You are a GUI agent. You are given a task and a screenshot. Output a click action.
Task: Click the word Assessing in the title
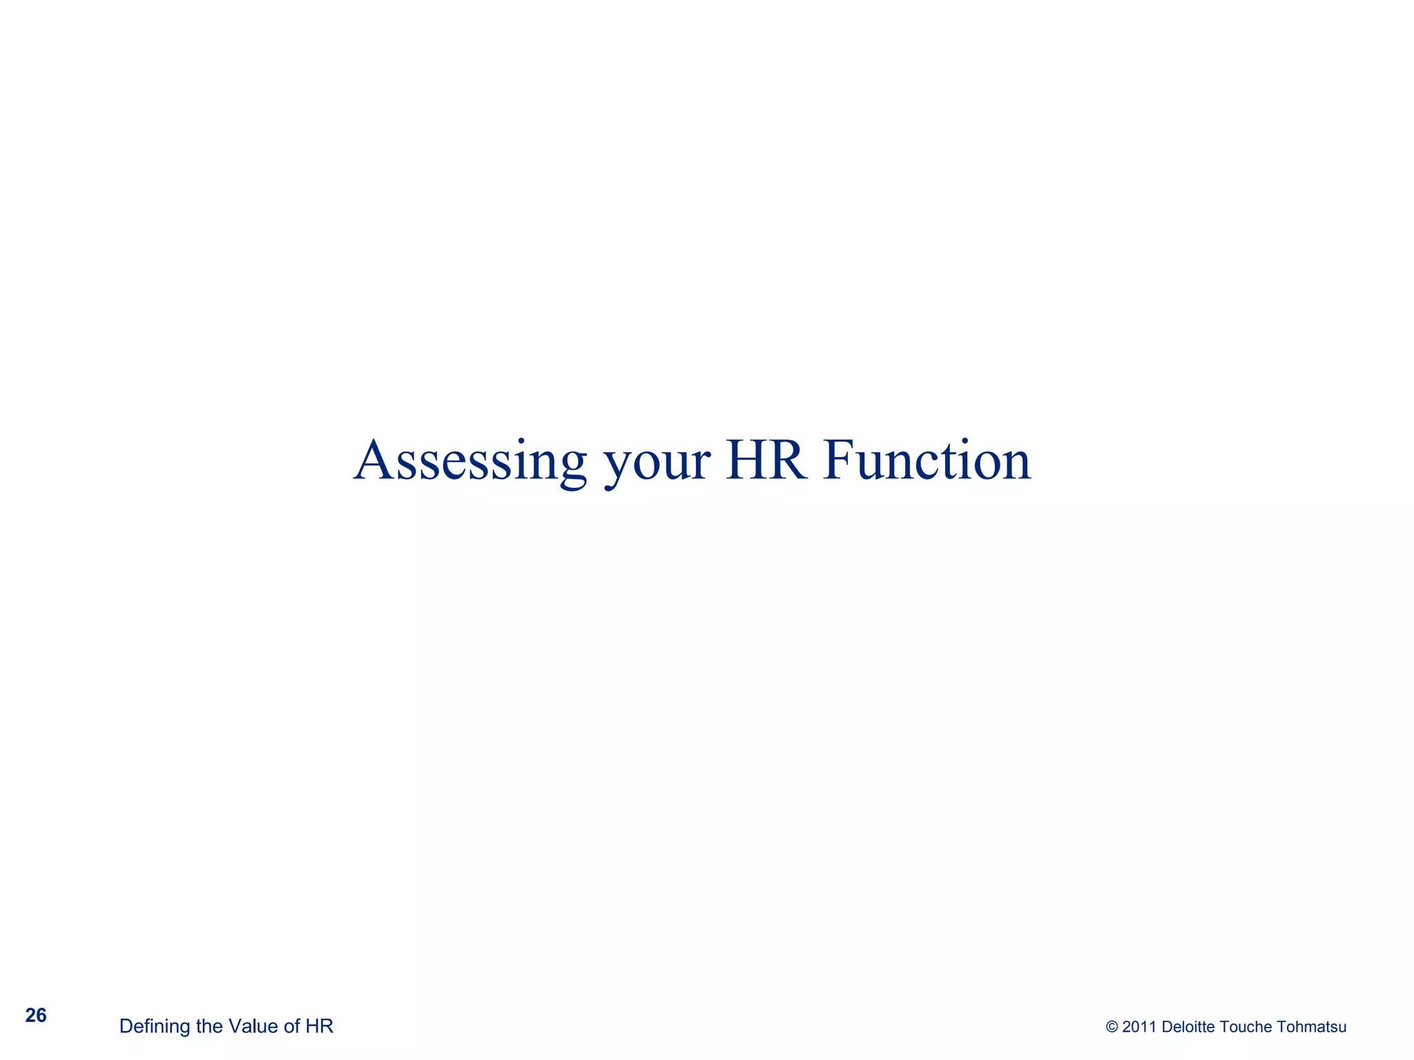click(x=470, y=461)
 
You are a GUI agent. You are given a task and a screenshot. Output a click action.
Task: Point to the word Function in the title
click(x=927, y=460)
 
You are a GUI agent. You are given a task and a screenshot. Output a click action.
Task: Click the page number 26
click(x=36, y=1016)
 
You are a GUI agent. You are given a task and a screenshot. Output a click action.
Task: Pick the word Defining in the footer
click(x=155, y=1027)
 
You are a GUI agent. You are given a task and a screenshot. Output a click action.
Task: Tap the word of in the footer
click(x=291, y=1026)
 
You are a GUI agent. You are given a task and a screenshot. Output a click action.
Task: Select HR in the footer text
click(x=320, y=1026)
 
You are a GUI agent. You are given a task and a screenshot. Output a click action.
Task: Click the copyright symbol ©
click(x=1112, y=1027)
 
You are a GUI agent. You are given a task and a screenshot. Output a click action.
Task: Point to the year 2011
click(x=1139, y=1027)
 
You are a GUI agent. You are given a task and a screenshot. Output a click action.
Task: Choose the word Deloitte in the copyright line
click(x=1188, y=1027)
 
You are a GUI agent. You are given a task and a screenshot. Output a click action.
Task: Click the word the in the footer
click(x=209, y=1026)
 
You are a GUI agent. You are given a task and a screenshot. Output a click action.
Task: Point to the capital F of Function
click(x=837, y=460)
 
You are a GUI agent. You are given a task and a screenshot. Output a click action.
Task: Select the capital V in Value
click(x=235, y=1026)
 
